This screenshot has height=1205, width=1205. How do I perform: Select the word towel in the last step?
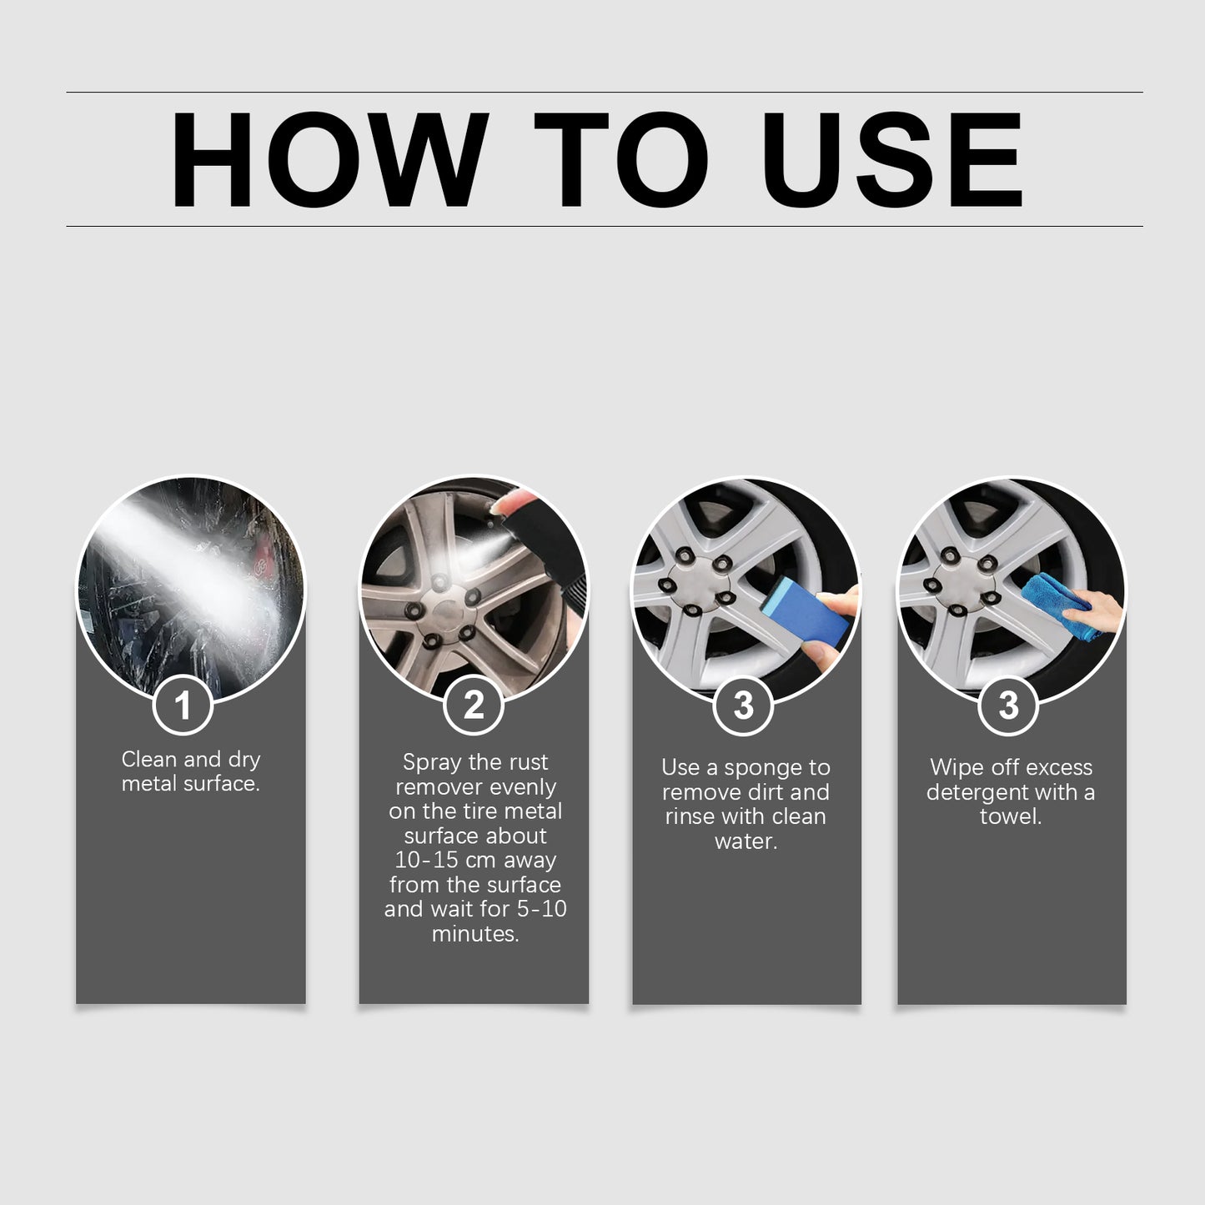point(1010,816)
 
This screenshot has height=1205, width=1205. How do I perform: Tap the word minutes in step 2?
point(474,934)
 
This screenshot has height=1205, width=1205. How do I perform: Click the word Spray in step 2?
point(431,762)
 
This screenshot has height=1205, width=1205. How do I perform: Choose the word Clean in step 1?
point(148,760)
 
